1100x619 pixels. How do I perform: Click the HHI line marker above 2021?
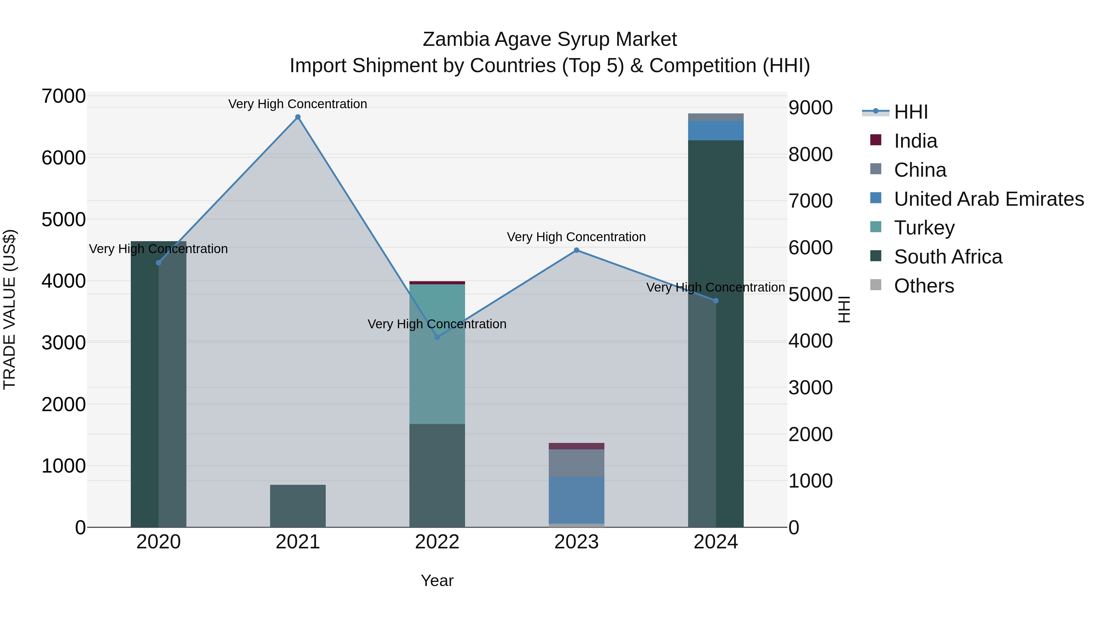pyautogui.click(x=298, y=117)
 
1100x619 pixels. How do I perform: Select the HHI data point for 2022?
pyautogui.click(x=437, y=337)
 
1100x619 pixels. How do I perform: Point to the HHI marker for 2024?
pyautogui.click(x=716, y=301)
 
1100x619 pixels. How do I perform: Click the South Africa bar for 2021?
pyautogui.click(x=298, y=506)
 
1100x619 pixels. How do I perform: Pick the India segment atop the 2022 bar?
pyautogui.click(x=437, y=283)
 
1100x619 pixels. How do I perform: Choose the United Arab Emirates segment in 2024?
pyautogui.click(x=716, y=131)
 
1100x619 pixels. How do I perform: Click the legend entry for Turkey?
pyautogui.click(x=924, y=228)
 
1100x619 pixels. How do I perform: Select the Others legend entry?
pyautogui.click(x=924, y=286)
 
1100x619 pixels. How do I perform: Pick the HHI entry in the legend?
pyautogui.click(x=911, y=112)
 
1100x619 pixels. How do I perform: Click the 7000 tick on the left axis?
pyautogui.click(x=64, y=97)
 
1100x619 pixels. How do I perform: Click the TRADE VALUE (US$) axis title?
pyautogui.click(x=9, y=309)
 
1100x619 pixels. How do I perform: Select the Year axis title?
pyautogui.click(x=437, y=580)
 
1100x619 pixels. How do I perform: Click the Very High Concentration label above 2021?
pyautogui.click(x=298, y=104)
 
